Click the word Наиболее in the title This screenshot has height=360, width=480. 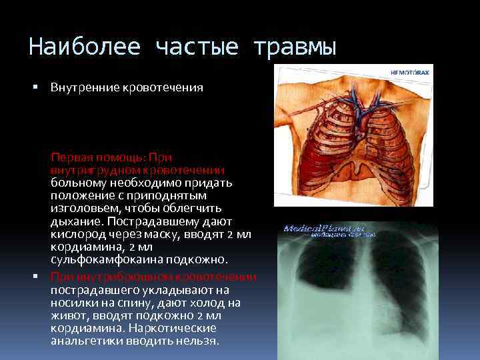85,47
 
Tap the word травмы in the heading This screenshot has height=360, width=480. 294,47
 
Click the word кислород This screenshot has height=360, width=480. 74,234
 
